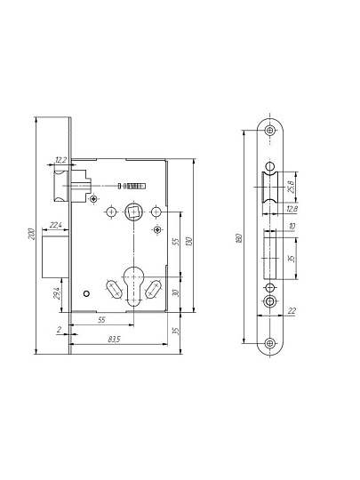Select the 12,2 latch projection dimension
pos(61,159)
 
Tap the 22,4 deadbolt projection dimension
pos(55,225)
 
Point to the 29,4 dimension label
pos(57,293)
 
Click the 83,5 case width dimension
pos(114,340)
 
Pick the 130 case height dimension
pos(189,242)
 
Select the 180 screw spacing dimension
pos(240,238)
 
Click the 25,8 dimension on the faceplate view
pos(292,187)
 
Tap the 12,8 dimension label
pos(292,209)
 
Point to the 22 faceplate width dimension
pos(292,311)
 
